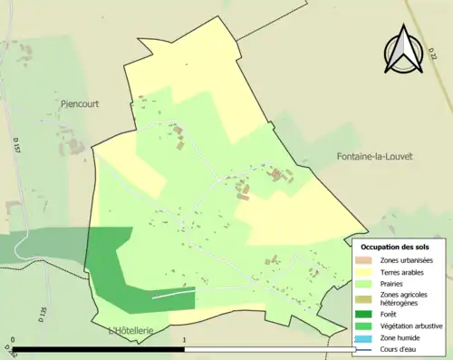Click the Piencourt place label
[79, 104]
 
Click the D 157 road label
[17, 169]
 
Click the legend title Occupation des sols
[395, 247]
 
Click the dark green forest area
[113, 272]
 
